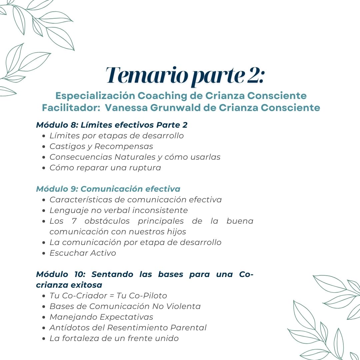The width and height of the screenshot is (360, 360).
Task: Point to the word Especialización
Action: click(x=95, y=96)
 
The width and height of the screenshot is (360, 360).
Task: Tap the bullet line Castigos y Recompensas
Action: click(x=101, y=146)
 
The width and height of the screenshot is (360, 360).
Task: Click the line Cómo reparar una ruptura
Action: click(x=105, y=168)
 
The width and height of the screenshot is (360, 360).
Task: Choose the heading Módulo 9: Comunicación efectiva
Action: click(x=108, y=189)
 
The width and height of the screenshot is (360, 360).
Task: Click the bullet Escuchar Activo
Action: click(x=83, y=253)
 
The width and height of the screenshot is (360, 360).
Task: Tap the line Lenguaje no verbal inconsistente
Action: click(x=118, y=210)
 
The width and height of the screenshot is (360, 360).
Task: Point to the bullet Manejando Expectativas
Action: click(x=101, y=317)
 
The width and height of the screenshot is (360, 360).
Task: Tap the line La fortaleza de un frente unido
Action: click(x=114, y=338)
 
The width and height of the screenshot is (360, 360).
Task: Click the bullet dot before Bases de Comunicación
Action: click(x=44, y=307)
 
